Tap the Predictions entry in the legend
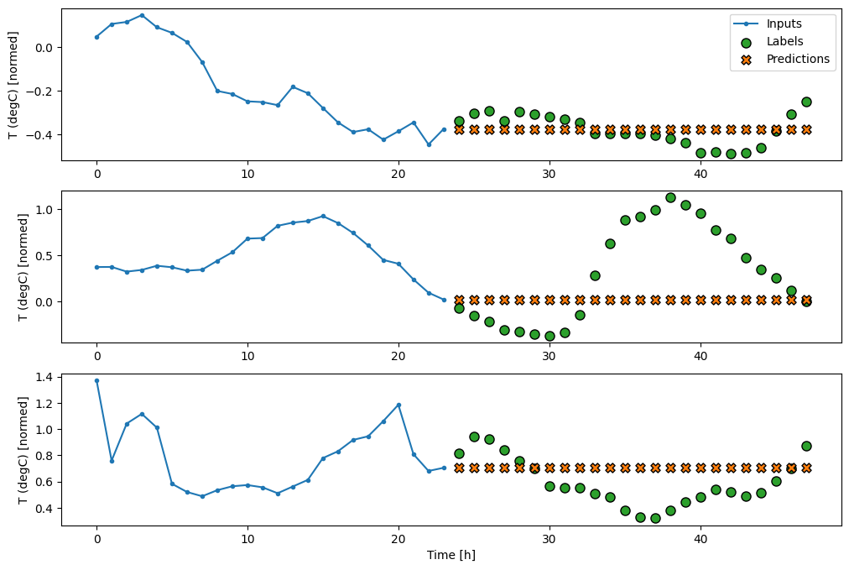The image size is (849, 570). point(797,59)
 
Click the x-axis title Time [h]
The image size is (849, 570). point(451,555)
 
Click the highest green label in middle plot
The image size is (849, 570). point(670,197)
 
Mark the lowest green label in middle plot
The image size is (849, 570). point(550,336)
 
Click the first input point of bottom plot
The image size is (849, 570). point(96,380)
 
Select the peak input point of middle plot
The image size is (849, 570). point(323,216)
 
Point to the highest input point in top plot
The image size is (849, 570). point(142,15)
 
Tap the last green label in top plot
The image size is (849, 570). point(806,102)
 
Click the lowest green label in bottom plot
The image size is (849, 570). point(655,518)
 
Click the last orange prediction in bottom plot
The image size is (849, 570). point(806,468)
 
